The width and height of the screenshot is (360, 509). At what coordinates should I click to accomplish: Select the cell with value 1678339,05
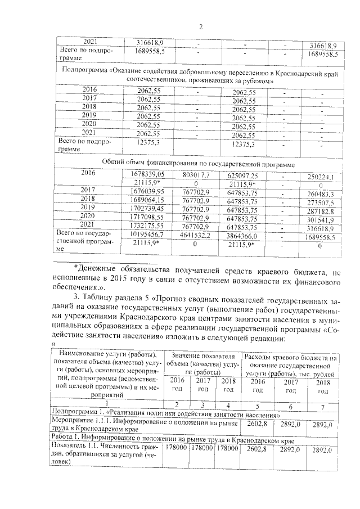[x=148, y=175]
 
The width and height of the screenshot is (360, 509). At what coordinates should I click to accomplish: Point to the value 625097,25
[x=247, y=175]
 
